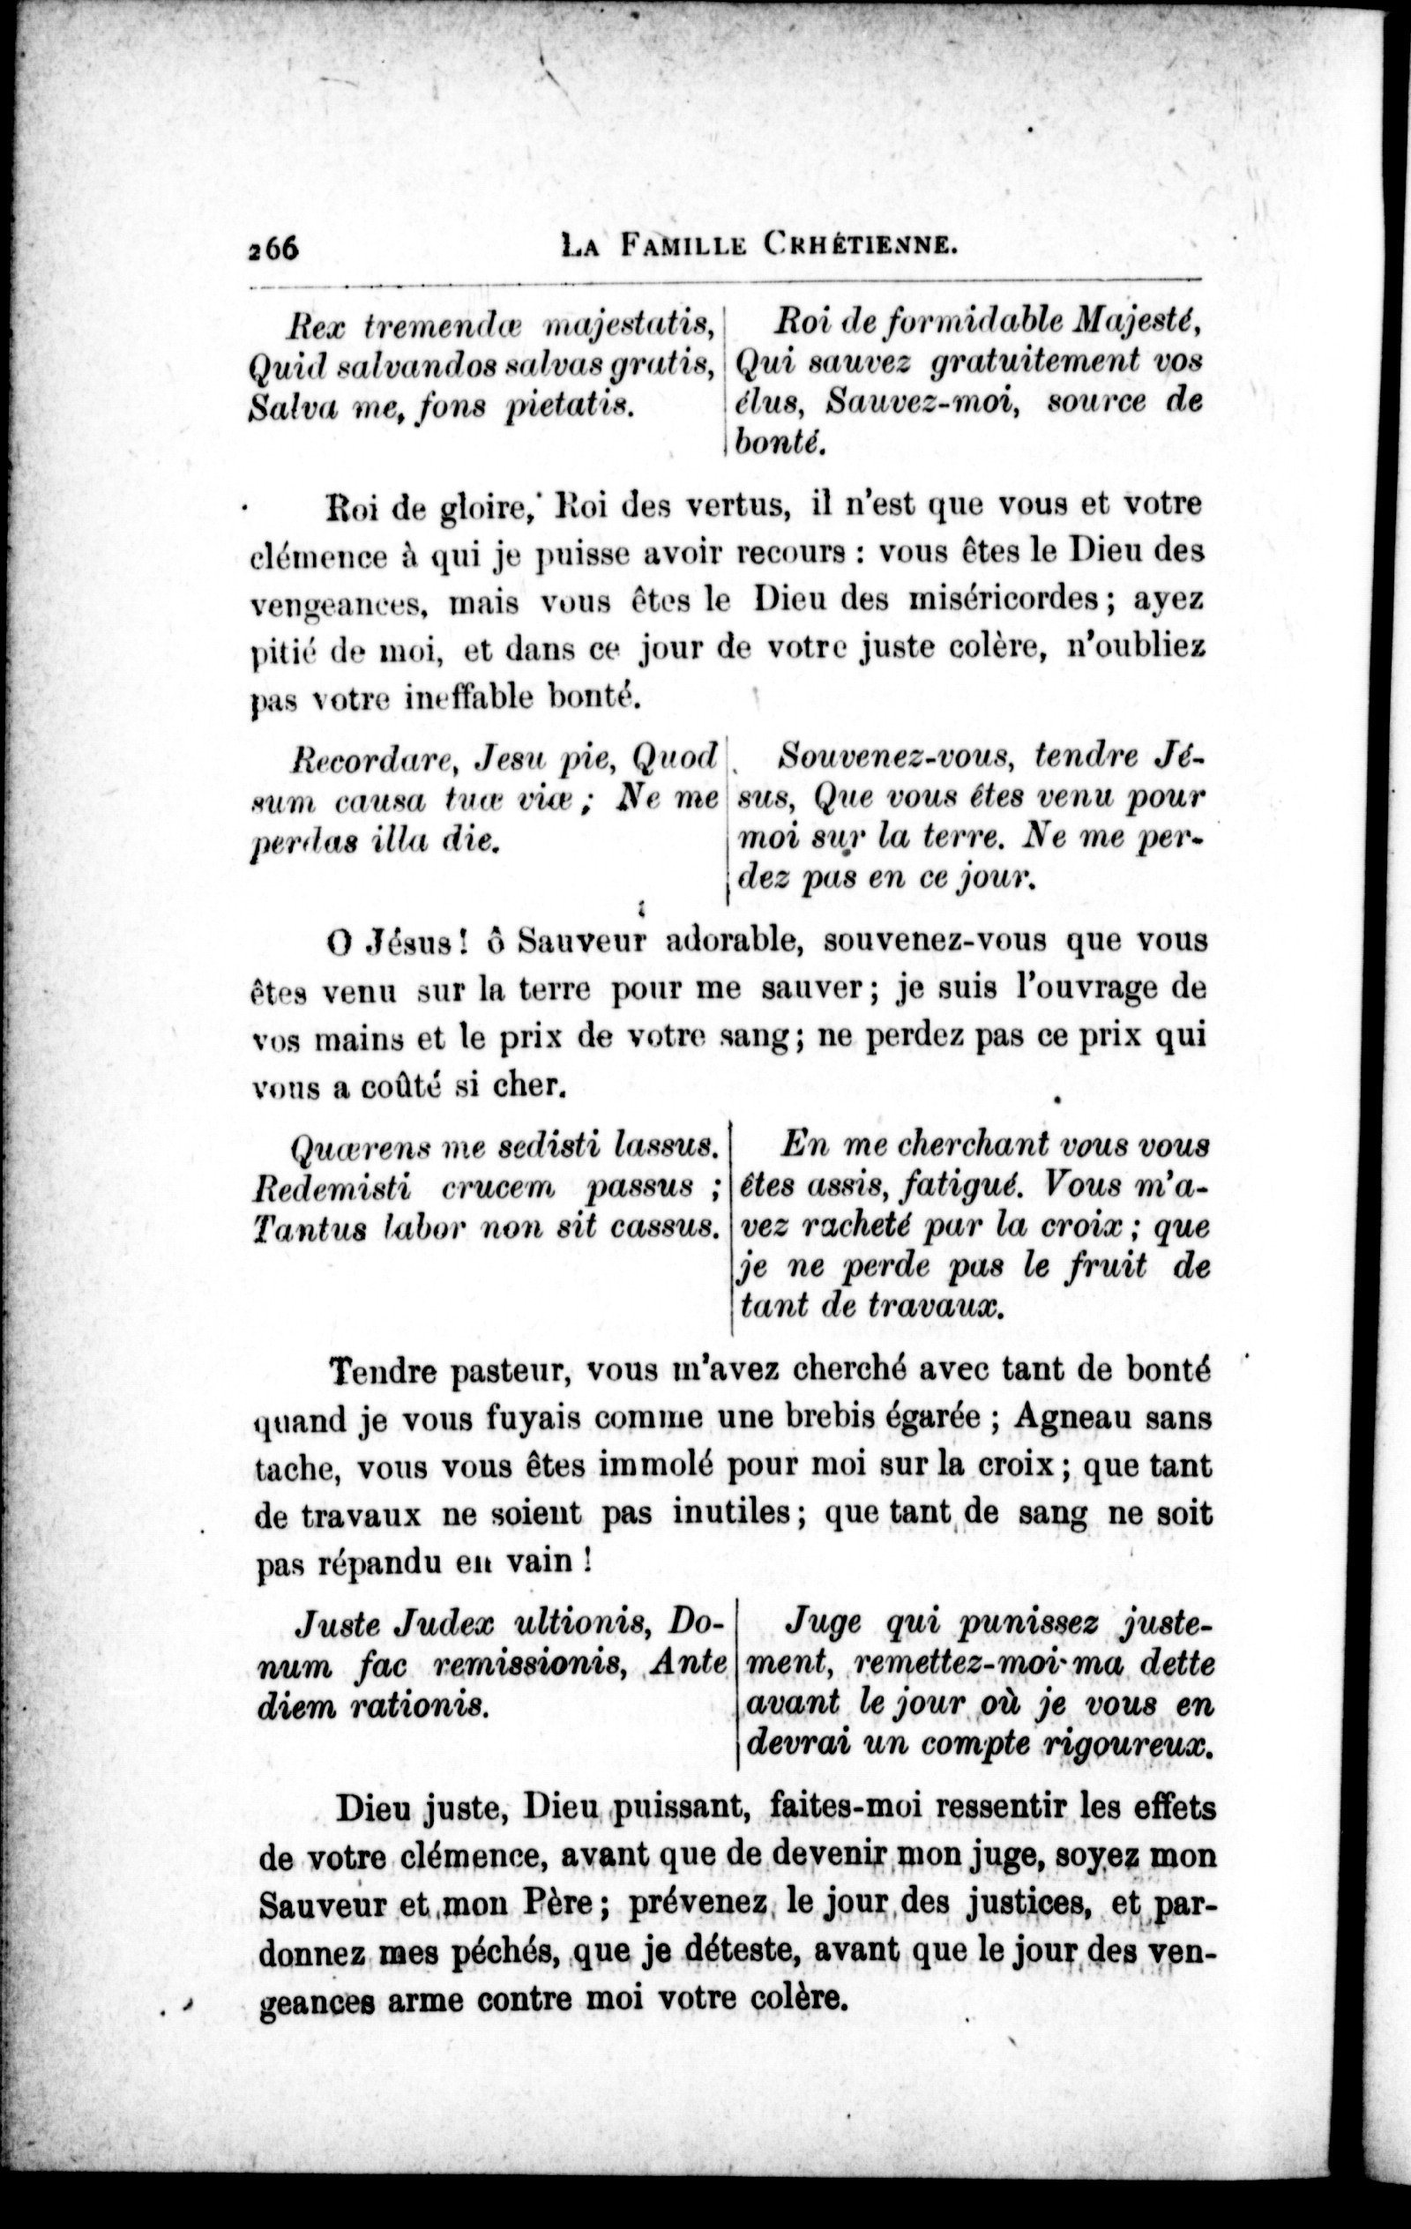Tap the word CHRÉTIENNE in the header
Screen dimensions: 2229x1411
tap(860, 247)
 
